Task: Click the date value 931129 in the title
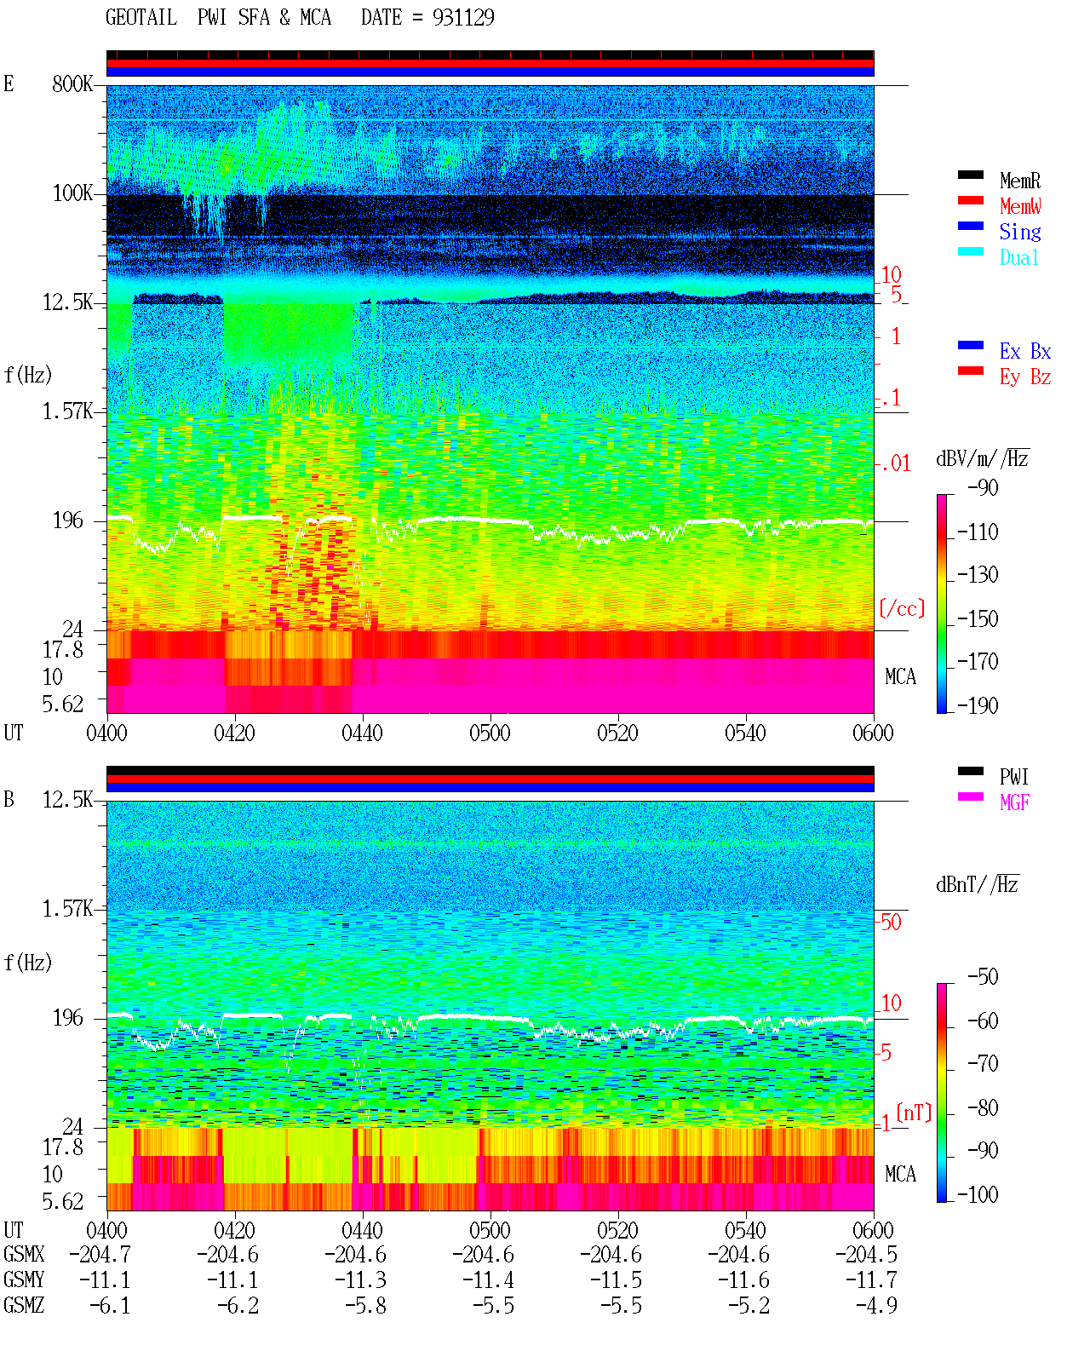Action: click(x=463, y=18)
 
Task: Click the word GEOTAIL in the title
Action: click(x=141, y=18)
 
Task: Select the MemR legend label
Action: click(x=1020, y=181)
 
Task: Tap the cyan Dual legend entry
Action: click(x=1019, y=257)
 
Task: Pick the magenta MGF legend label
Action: click(x=1014, y=802)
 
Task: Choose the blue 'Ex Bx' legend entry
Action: click(x=1025, y=351)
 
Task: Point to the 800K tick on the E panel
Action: click(x=72, y=83)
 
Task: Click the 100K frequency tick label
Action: click(x=72, y=193)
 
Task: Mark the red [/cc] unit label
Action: click(x=902, y=608)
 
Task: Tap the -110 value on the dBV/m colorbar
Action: click(x=978, y=532)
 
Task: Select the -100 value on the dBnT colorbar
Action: click(x=978, y=1194)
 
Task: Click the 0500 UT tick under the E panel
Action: click(x=490, y=733)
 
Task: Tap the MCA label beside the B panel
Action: click(x=900, y=1174)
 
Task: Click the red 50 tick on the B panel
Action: click(x=892, y=923)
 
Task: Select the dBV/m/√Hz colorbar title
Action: click(x=982, y=458)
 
